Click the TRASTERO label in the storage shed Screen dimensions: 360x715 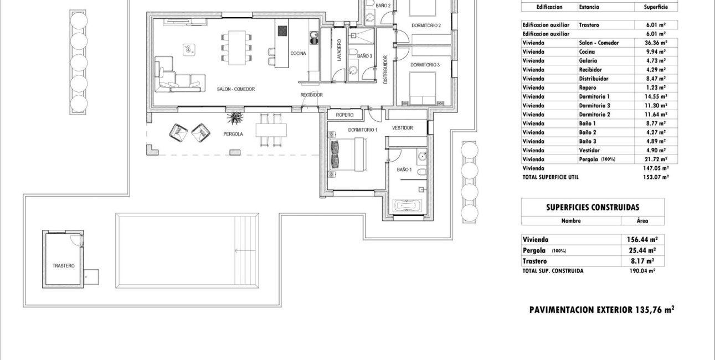[64, 266]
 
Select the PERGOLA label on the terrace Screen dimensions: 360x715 [234, 134]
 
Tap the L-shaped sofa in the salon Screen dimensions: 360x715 [174, 76]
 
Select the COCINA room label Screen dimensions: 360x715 [299, 53]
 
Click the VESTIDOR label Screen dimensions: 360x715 [403, 128]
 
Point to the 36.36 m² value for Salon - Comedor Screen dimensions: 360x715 [655, 43]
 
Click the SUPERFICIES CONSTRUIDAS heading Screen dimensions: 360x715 [593, 207]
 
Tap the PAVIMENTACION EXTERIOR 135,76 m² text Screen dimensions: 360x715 [601, 310]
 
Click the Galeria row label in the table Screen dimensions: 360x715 [588, 60]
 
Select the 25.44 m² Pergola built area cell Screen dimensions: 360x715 [642, 250]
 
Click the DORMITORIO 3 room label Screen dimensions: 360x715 [425, 65]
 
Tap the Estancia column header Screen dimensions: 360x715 [588, 7]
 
